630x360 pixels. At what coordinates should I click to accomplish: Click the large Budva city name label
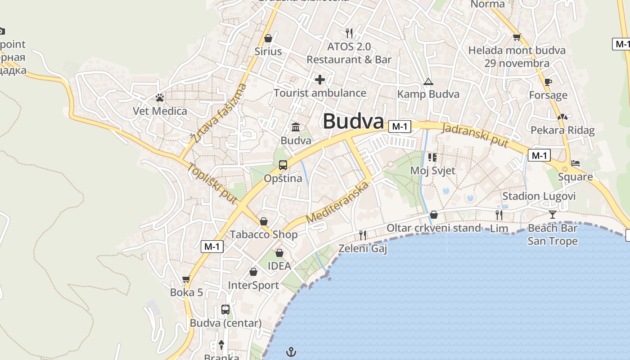[x=353, y=121]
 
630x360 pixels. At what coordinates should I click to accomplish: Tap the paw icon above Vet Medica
[x=159, y=97]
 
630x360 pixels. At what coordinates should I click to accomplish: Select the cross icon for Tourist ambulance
[x=320, y=80]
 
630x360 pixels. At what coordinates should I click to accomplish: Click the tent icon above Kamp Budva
[x=428, y=81]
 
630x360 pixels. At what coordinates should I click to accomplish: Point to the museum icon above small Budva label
[x=296, y=127]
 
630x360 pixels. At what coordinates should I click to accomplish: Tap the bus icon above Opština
[x=283, y=165]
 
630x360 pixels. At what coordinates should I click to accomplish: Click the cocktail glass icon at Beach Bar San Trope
[x=553, y=215]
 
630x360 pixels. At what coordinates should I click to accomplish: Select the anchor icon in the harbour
[x=292, y=351]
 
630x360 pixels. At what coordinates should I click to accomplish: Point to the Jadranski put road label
[x=475, y=135]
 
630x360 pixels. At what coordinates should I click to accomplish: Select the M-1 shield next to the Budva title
[x=400, y=126]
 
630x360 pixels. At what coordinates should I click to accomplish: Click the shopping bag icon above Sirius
[x=268, y=38]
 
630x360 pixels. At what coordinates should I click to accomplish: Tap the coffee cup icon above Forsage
[x=548, y=82]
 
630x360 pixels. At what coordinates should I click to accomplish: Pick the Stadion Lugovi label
[x=539, y=196]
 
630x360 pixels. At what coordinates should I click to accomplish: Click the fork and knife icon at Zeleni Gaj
[x=362, y=235]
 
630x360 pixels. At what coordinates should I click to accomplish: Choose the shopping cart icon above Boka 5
[x=186, y=279]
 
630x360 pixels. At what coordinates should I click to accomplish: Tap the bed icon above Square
[x=575, y=163]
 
